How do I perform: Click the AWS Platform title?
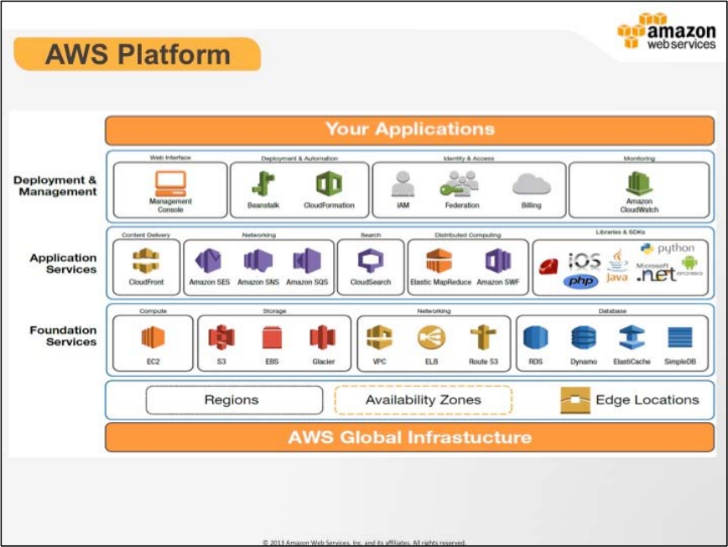click(138, 55)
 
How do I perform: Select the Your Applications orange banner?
click(409, 130)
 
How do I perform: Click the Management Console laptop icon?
click(170, 182)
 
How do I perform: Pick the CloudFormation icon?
click(328, 183)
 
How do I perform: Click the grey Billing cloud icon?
click(531, 184)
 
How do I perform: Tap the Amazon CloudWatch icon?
click(640, 182)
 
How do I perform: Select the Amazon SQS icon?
click(307, 261)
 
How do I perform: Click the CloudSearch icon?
click(370, 261)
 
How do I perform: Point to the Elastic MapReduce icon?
click(439, 261)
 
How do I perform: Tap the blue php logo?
click(580, 280)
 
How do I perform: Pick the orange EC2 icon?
click(153, 337)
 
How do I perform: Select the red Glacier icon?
click(323, 337)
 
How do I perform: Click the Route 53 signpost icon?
click(483, 337)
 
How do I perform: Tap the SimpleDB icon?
click(679, 337)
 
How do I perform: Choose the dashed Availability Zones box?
click(423, 400)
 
